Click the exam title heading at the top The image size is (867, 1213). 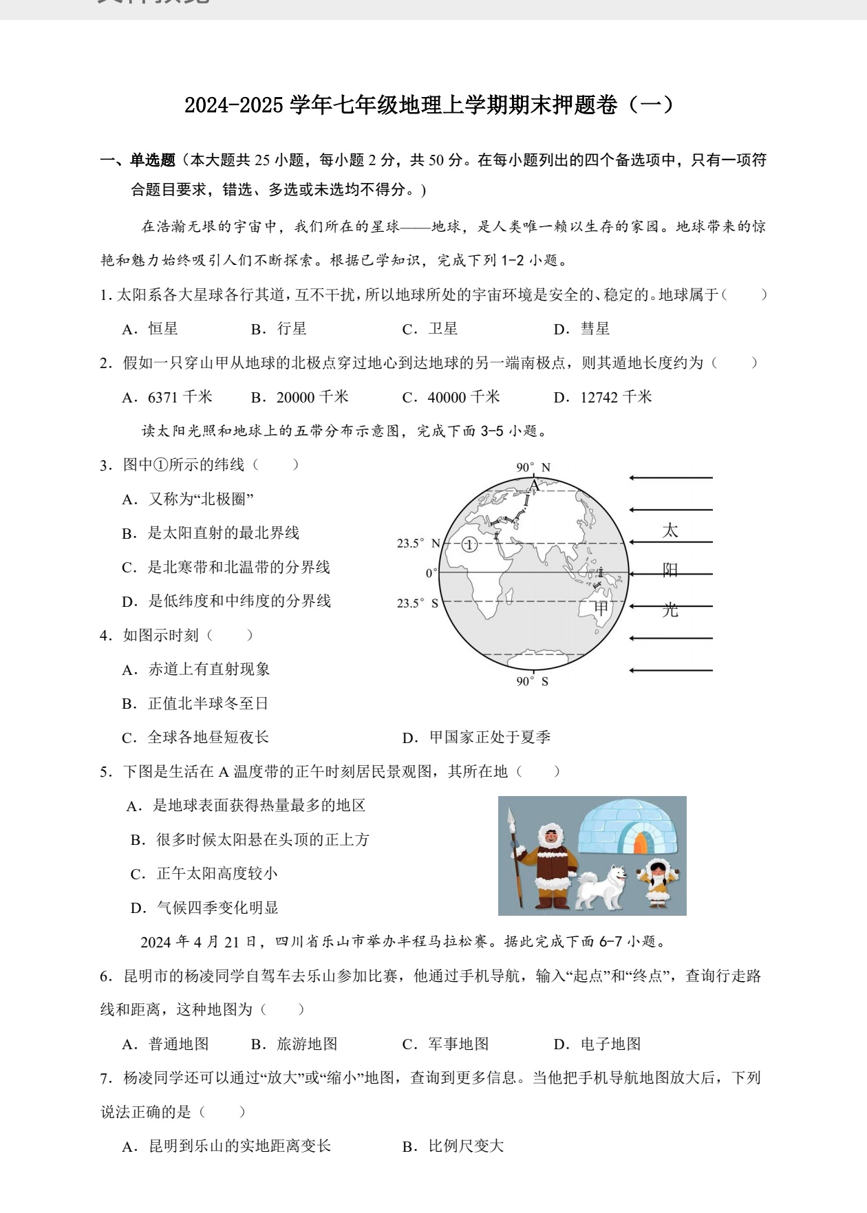point(429,105)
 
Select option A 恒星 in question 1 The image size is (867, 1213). point(151,329)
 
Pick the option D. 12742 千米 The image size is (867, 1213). point(603,397)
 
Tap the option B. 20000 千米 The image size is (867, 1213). point(300,397)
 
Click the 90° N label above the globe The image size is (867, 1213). point(533,468)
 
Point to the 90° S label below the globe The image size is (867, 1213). point(532,681)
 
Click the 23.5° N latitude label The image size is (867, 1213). point(418,544)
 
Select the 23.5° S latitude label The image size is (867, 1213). point(417,603)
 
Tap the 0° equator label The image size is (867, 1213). point(431,573)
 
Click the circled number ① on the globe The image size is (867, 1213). point(469,545)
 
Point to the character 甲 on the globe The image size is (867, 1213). point(601,608)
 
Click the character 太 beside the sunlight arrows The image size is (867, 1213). point(670,530)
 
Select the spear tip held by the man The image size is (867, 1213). point(511,816)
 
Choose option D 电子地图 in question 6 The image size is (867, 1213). point(597,1044)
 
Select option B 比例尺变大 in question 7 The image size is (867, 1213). point(453,1146)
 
